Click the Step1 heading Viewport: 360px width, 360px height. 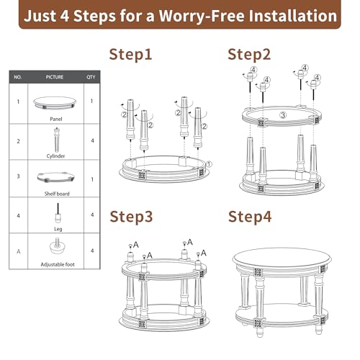[130, 55]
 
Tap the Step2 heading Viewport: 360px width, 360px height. [249, 55]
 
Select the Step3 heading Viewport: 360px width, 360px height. [131, 217]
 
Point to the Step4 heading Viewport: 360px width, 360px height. [250, 217]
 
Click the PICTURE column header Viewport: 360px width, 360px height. [55, 77]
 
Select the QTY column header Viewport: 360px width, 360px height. [91, 77]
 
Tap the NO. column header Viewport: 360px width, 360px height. [18, 77]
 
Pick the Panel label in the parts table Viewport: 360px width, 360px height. [56, 119]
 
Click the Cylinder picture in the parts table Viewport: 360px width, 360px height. [56, 140]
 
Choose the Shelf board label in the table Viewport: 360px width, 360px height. [57, 194]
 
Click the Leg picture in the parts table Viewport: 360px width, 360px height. [58, 213]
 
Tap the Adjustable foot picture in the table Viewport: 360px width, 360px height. [58, 246]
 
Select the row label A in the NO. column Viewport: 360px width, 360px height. [19, 251]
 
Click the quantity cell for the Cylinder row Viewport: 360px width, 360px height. [92, 140]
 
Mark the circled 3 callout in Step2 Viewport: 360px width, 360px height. [283, 115]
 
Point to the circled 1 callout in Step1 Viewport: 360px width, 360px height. [209, 164]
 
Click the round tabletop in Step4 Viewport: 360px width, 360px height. [282, 258]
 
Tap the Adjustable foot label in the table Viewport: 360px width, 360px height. [58, 264]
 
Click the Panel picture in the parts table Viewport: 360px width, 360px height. [55, 103]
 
